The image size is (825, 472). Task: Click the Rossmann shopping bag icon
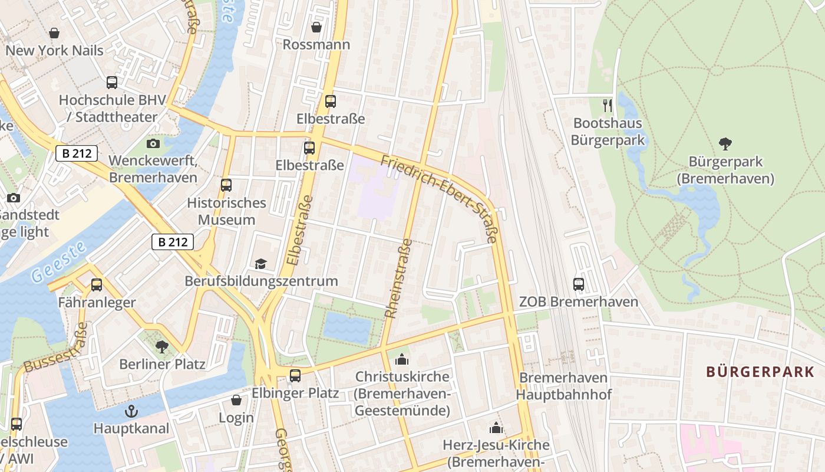316,27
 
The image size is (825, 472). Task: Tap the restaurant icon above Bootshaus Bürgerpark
608,106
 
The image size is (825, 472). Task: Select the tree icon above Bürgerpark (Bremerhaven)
725,143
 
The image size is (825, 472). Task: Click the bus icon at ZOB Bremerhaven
578,284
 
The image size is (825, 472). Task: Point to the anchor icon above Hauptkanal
131,411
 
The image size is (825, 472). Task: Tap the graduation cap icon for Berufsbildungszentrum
260,264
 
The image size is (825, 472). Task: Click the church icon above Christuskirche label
402,359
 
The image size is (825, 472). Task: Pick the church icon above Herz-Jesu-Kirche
496,427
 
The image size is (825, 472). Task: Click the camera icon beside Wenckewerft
153,143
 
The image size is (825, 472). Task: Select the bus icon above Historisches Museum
226,185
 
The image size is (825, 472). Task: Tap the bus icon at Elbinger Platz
295,375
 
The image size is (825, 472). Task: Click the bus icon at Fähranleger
97,285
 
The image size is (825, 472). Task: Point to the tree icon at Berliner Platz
161,347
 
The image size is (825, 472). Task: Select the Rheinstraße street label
399,278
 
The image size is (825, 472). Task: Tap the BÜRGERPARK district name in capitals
760,372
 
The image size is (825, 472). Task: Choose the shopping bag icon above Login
236,400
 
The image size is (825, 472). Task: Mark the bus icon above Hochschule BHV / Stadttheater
112,83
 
